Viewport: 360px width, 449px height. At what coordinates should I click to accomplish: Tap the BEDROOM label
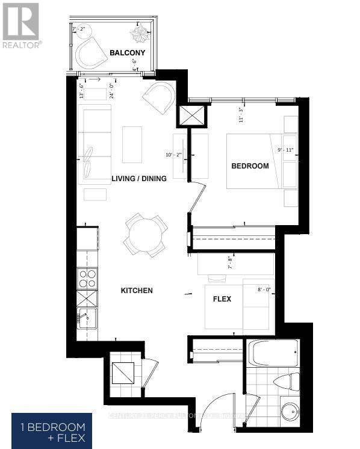pos(250,166)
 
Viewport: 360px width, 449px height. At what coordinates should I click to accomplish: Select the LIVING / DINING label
pos(139,179)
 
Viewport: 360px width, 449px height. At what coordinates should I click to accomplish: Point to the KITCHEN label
pos(137,291)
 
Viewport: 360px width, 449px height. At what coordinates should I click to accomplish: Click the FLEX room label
pos(222,299)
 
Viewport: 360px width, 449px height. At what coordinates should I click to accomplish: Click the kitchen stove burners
pos(87,278)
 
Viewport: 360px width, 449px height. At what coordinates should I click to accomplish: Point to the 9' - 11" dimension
pos(282,150)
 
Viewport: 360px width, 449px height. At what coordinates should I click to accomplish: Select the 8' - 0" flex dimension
pos(264,290)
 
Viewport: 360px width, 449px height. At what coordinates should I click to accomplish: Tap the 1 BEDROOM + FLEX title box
pos(52,430)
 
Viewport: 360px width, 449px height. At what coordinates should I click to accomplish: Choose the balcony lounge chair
pos(89,52)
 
